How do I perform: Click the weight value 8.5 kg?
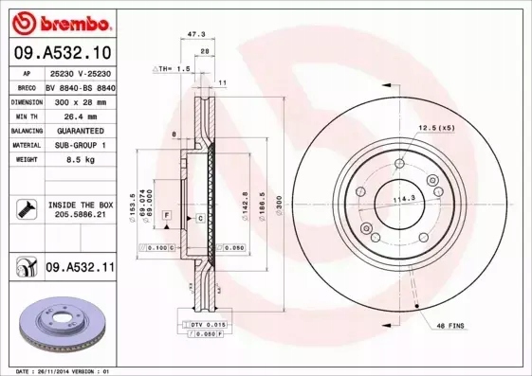[x=81, y=161]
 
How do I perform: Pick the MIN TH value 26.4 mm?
[x=81, y=116]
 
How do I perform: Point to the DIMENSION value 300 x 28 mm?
[x=81, y=101]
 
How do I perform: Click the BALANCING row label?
[x=27, y=132]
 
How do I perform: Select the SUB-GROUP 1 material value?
[x=81, y=146]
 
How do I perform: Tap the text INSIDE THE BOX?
[x=82, y=205]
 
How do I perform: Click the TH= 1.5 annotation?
[x=173, y=70]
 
